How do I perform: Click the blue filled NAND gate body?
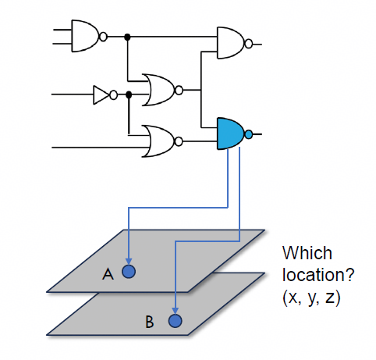[x=230, y=134]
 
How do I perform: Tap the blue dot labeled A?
[x=129, y=272]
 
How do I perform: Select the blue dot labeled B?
[x=175, y=321]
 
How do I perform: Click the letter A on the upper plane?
[x=108, y=274]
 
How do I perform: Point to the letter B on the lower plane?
[x=150, y=322]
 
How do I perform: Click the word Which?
[x=307, y=253]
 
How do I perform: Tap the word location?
[x=318, y=275]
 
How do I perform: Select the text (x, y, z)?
[x=311, y=298]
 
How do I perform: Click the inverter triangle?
[x=101, y=95]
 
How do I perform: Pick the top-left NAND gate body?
[x=85, y=36]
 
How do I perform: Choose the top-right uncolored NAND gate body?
[x=230, y=43]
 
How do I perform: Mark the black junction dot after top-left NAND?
[x=127, y=37]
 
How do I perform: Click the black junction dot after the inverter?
[x=129, y=94]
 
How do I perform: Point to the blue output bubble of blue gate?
[x=249, y=134]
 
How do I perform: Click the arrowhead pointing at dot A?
[x=129, y=262]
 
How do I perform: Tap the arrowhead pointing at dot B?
[x=176, y=311]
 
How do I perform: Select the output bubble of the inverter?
[x=114, y=95]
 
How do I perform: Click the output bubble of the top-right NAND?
[x=249, y=44]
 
